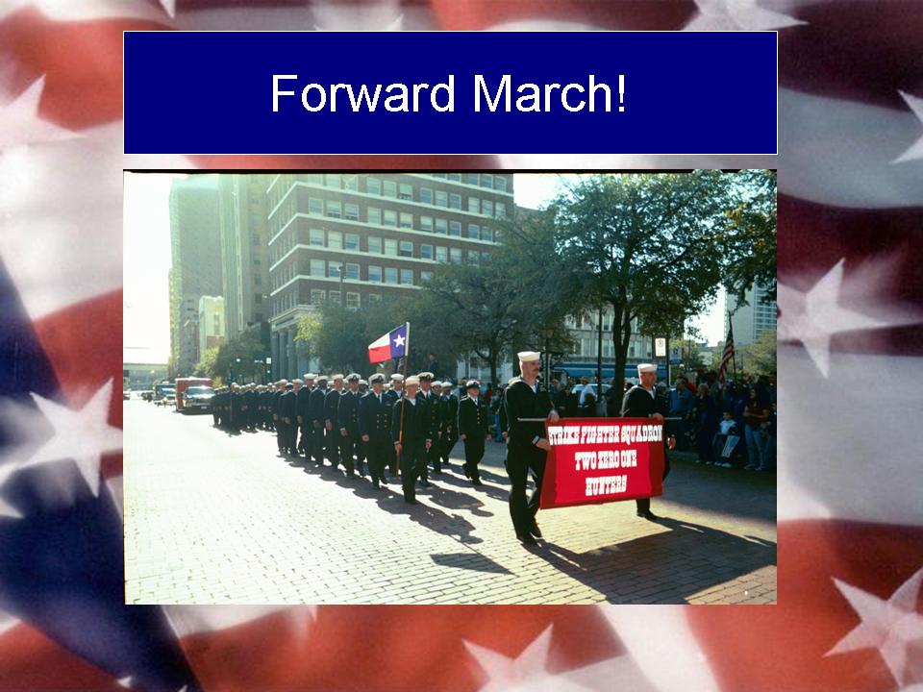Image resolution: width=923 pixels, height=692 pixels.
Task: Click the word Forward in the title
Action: pyautogui.click(x=363, y=93)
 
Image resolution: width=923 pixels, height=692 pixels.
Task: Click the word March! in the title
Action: pyautogui.click(x=550, y=93)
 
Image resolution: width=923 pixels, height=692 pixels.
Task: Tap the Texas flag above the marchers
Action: pyautogui.click(x=387, y=343)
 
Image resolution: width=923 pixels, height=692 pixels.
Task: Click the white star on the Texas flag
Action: pyautogui.click(x=399, y=340)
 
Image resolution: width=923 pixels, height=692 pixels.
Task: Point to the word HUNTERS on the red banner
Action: pyautogui.click(x=606, y=485)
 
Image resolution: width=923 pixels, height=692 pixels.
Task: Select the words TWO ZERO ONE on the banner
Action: pyautogui.click(x=606, y=460)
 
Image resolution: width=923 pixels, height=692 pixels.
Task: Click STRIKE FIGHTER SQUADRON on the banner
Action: pyautogui.click(x=606, y=434)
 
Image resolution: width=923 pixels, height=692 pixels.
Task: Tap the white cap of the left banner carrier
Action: pyautogui.click(x=529, y=356)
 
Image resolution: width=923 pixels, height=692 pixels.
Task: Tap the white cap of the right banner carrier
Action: pyautogui.click(x=647, y=368)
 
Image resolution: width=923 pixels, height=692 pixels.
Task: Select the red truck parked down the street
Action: pyautogui.click(x=191, y=391)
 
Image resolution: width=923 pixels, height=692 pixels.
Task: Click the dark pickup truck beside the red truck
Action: pyautogui.click(x=198, y=398)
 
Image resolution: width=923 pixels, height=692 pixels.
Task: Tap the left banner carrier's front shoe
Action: pyautogui.click(x=527, y=538)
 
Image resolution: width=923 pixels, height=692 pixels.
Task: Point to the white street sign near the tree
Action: pyautogui.click(x=660, y=347)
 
